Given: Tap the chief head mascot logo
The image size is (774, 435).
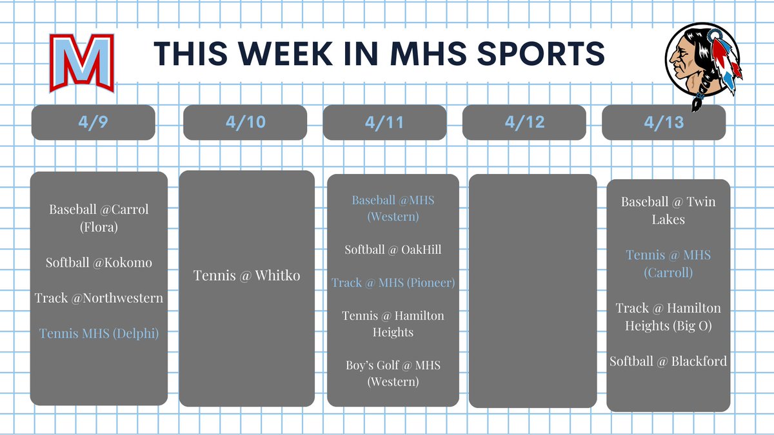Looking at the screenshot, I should [703, 64].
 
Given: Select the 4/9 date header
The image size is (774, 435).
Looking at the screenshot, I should [94, 122].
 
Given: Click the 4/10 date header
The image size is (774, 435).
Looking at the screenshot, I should [246, 122].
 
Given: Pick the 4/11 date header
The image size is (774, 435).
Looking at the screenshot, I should [385, 122].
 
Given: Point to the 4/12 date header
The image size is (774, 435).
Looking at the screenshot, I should [524, 122].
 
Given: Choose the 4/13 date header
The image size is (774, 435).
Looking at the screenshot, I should [664, 122].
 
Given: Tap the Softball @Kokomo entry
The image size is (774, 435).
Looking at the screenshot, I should [99, 263].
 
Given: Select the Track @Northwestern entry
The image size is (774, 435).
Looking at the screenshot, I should [99, 298].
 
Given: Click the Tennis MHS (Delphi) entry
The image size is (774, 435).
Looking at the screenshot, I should [99, 333].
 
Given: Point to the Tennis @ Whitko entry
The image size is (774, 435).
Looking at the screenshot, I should [247, 276].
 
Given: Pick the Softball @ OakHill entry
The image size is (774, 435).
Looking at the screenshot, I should [393, 249].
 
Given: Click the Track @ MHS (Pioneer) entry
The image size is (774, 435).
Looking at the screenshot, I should [393, 282].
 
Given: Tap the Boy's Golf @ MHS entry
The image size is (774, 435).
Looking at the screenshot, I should [393, 373].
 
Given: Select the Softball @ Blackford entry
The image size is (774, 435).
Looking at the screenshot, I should [668, 361].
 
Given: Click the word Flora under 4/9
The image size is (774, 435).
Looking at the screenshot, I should [99, 227].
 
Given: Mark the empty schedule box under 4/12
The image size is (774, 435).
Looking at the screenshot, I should [532, 290].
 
